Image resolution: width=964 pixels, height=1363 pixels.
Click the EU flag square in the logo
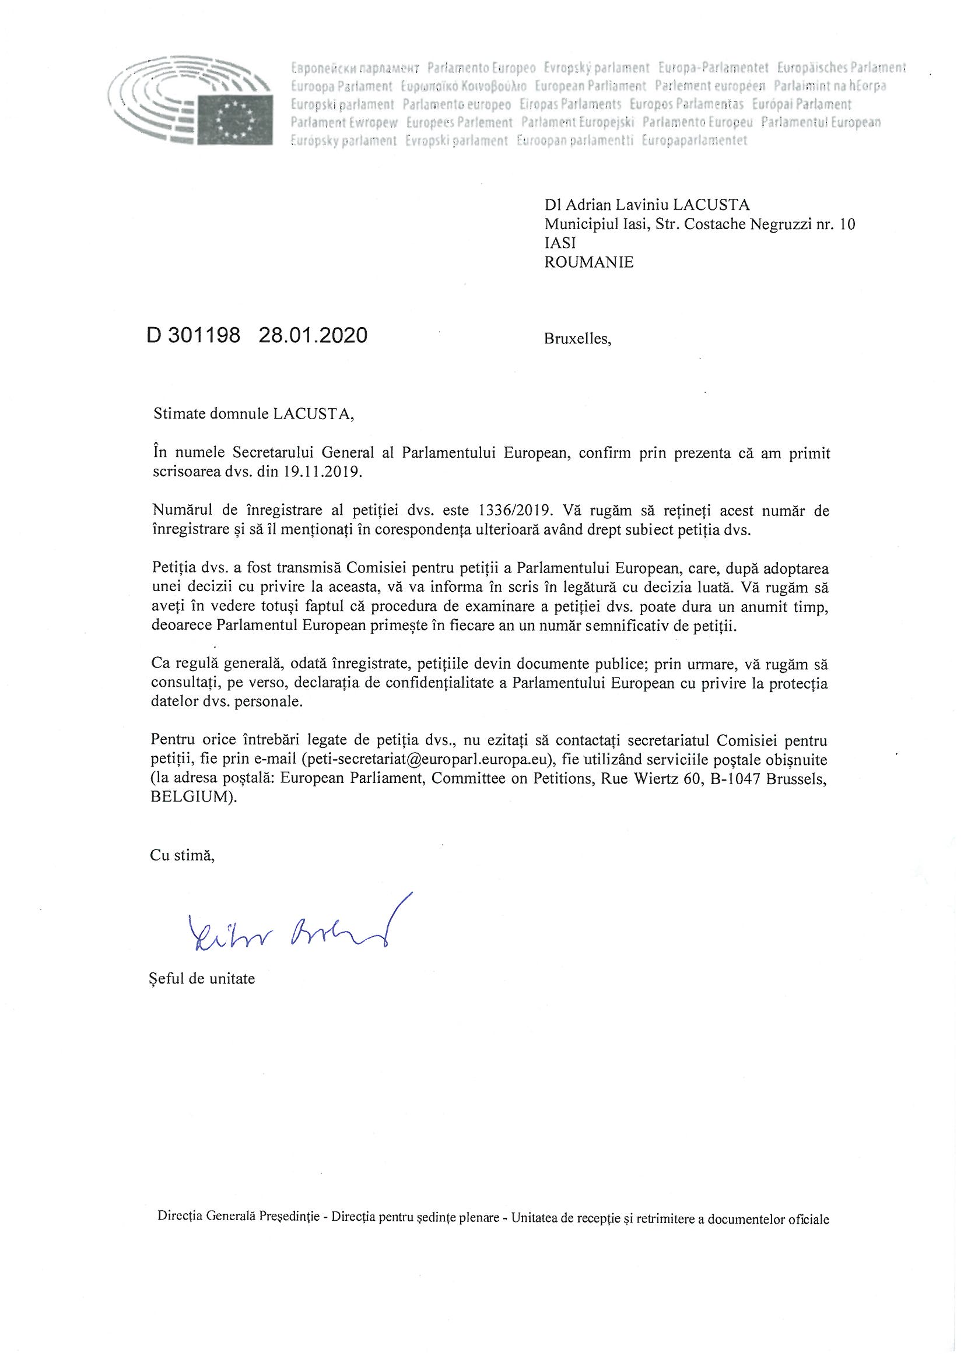coord(236,119)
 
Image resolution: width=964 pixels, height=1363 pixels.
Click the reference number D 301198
coord(193,335)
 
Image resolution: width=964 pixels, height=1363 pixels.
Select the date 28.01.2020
coord(313,335)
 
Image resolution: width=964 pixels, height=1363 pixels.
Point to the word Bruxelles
coord(577,339)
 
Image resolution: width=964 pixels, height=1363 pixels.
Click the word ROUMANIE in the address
coord(588,262)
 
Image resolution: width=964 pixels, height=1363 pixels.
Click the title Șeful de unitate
coord(202,979)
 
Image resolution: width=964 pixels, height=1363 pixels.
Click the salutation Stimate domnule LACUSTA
coord(254,414)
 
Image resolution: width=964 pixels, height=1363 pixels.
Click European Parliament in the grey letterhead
coord(590,86)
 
